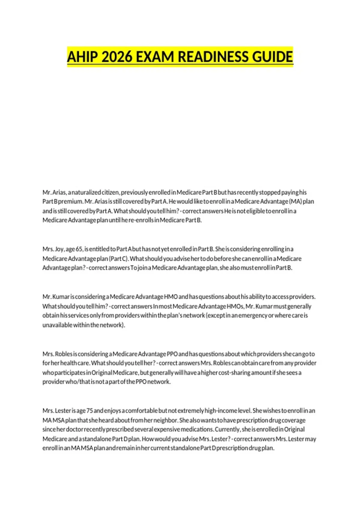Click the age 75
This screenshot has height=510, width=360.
pyautogui.click(x=89, y=411)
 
